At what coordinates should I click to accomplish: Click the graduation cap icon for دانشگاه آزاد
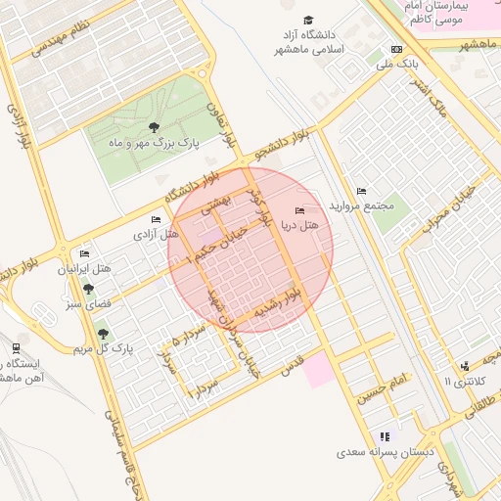click(x=309, y=21)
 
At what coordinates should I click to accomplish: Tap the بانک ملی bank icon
click(x=396, y=49)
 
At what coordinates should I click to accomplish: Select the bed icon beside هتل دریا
click(x=299, y=210)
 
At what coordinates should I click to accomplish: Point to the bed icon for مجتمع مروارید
click(x=361, y=191)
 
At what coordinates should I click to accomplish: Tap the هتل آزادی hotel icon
click(x=155, y=219)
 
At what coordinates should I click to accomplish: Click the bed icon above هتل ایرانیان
click(x=84, y=254)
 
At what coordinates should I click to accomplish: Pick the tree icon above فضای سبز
click(x=89, y=289)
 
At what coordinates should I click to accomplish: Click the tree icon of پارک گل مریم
click(x=103, y=334)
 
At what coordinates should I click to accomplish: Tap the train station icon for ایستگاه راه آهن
click(x=16, y=348)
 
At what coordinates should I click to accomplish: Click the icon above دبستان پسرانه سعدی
click(x=385, y=436)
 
